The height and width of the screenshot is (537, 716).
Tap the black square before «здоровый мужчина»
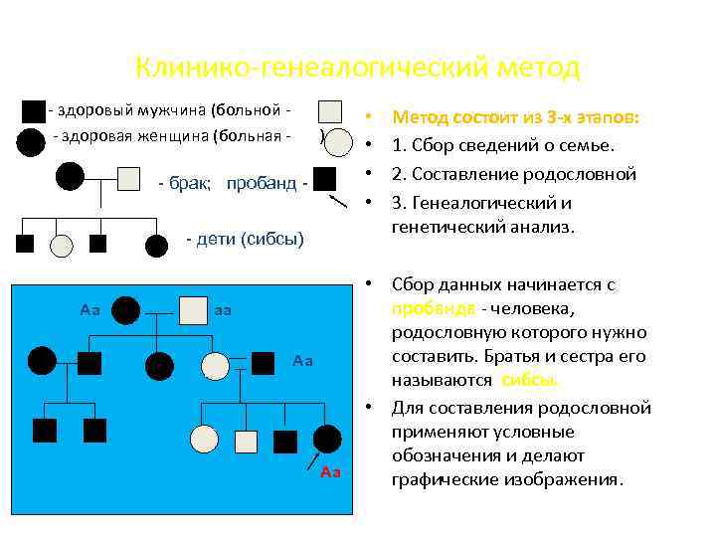click(34, 110)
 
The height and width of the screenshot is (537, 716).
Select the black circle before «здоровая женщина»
click(31, 143)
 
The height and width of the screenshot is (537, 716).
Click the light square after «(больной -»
click(330, 111)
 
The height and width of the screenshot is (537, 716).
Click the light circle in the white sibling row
click(62, 244)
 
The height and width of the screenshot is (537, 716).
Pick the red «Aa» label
click(330, 471)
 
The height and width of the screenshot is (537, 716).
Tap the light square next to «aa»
click(193, 311)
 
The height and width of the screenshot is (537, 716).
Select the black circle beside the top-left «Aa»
click(125, 311)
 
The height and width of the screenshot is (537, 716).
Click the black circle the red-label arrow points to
click(326, 439)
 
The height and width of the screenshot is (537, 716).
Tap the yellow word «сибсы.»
click(530, 380)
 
